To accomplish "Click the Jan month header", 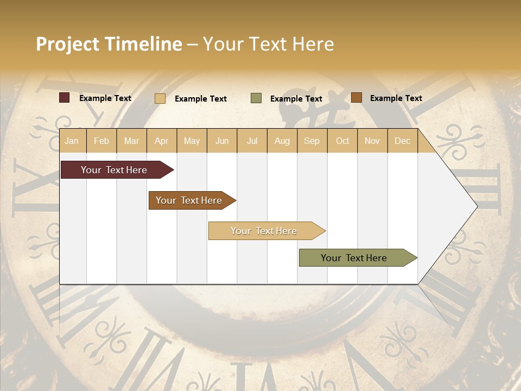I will pos(72,141).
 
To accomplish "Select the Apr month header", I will pos(162,141).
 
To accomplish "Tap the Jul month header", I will pos(252,141).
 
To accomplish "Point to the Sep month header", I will pos(312,141).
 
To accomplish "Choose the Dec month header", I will pos(402,141).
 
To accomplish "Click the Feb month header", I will pos(101,141).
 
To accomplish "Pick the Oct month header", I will pos(342,141).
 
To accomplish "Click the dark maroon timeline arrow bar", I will pos(114,170).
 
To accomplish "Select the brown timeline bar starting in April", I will pos(189,200).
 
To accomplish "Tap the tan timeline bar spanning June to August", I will pos(264,231).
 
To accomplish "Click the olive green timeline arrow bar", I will pos(354,258).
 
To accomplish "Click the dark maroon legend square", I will pos(64,98).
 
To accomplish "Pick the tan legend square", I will pos(160,98).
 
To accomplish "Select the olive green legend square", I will pos(256,98).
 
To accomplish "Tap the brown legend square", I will pos(356,98).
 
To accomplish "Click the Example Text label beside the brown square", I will pos(396,98).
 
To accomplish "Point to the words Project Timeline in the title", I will pos(109,44).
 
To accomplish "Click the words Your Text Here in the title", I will pos(268,44).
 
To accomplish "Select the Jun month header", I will pos(222,141).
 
